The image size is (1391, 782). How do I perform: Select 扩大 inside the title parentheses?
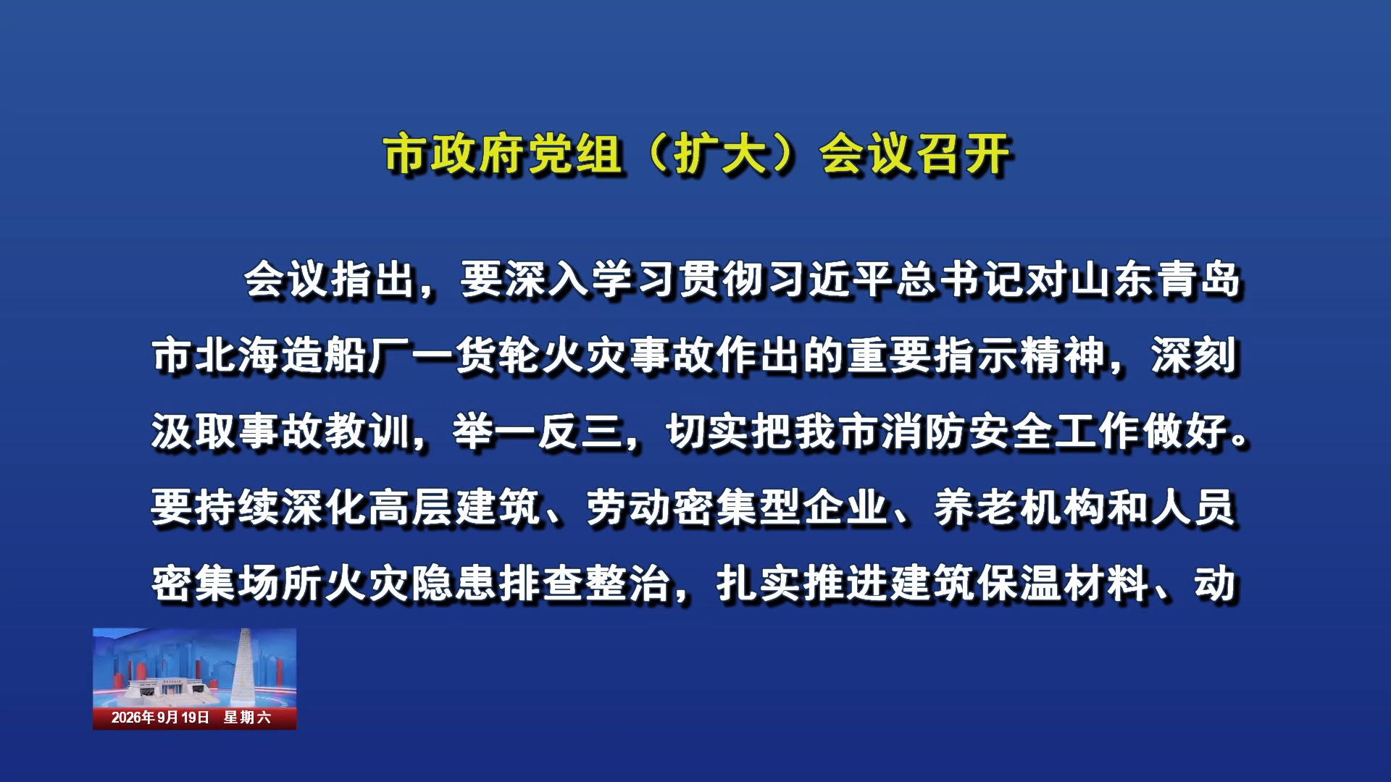(720, 154)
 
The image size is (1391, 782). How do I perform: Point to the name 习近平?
(831, 279)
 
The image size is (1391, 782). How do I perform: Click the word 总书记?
(961, 279)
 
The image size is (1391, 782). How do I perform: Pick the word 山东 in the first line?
(1114, 279)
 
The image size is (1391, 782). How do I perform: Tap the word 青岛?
(1200, 279)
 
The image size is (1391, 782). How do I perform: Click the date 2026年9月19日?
(160, 718)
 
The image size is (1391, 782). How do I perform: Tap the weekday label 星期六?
(247, 718)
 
